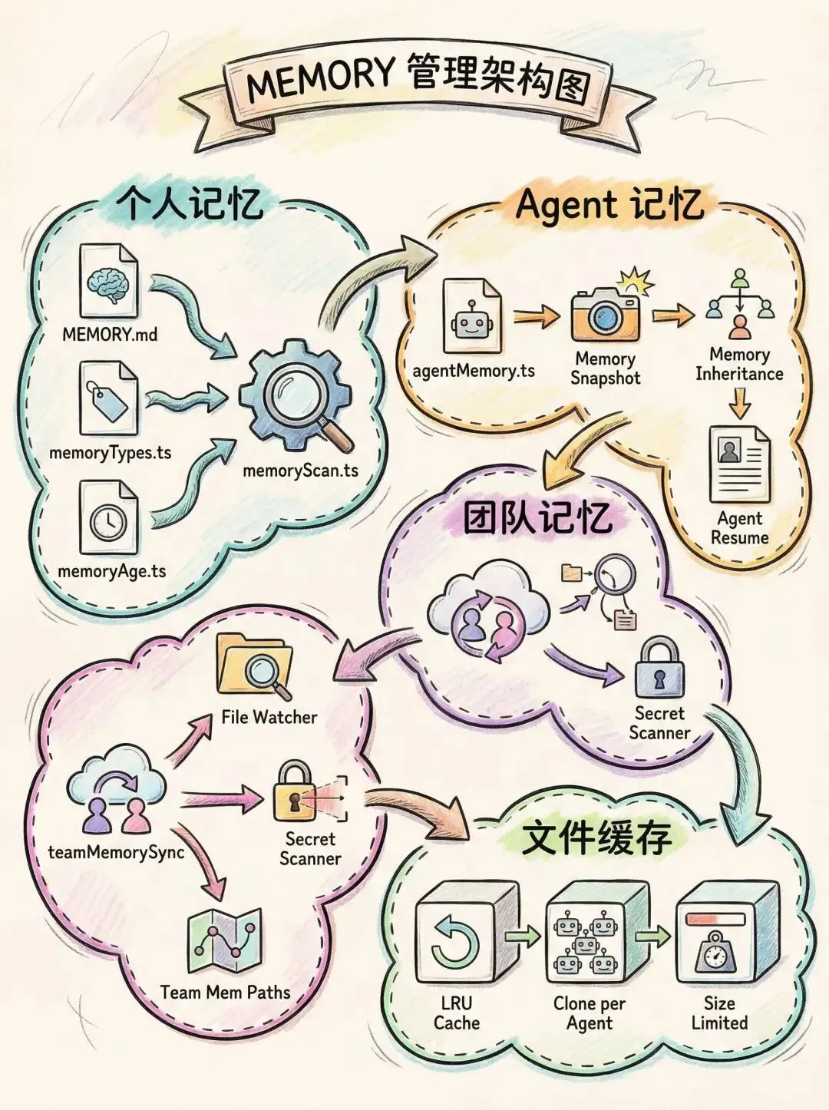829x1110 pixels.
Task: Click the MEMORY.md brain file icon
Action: [x=109, y=281]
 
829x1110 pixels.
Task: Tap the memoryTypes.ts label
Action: [x=110, y=453]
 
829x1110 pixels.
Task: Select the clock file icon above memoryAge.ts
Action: [x=109, y=518]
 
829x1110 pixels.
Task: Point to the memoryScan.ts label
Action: [x=300, y=470]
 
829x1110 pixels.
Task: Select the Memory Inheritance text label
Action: [x=739, y=365]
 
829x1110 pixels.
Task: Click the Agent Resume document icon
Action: [x=739, y=465]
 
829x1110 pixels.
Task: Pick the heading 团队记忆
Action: [x=537, y=518]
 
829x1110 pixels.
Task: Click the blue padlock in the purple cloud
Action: [x=659, y=669]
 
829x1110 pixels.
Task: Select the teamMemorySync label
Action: [x=116, y=853]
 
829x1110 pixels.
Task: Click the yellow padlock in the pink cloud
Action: [x=293, y=792]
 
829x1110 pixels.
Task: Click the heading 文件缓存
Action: [x=596, y=838]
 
